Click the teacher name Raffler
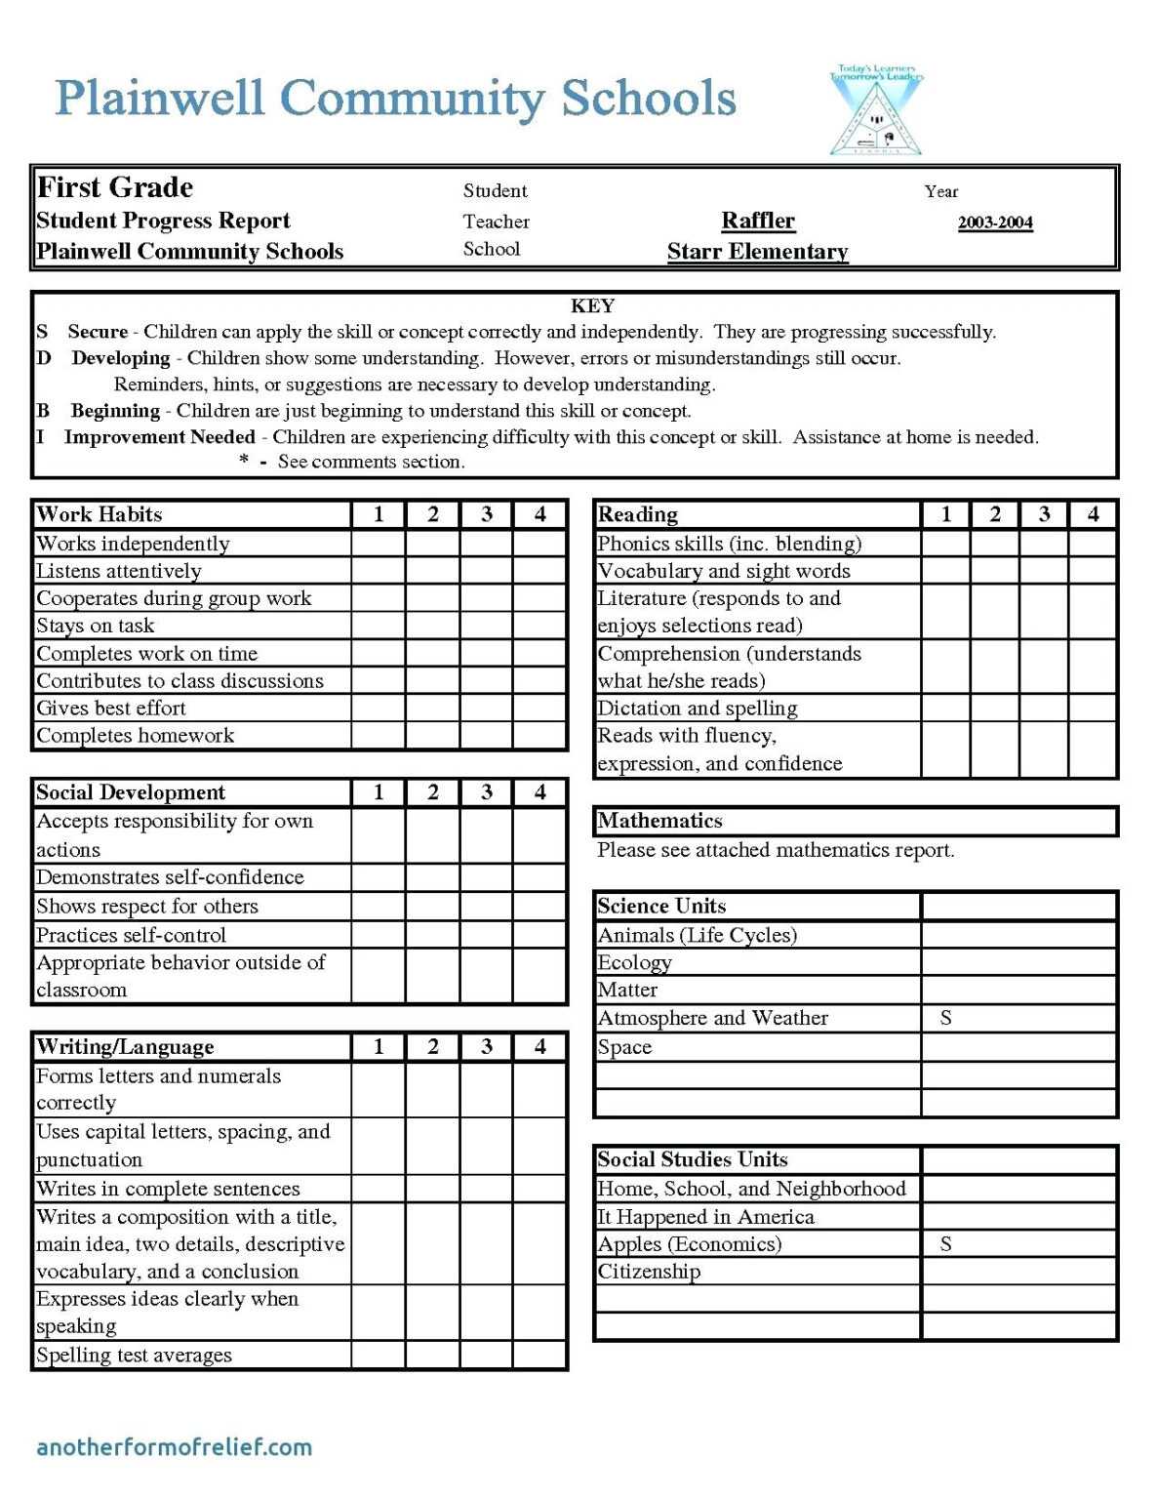pyautogui.click(x=758, y=221)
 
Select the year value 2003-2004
pyautogui.click(x=994, y=223)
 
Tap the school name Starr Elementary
pyautogui.click(x=757, y=252)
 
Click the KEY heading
pyautogui.click(x=592, y=305)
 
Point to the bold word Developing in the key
pyautogui.click(x=121, y=358)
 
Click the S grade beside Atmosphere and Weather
pyautogui.click(x=945, y=1018)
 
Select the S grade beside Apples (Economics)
pyautogui.click(x=945, y=1244)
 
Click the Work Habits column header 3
pyautogui.click(x=486, y=514)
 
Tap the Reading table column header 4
pyautogui.click(x=1093, y=514)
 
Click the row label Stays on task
pyautogui.click(x=96, y=626)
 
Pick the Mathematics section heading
pyautogui.click(x=659, y=821)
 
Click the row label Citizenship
pyautogui.click(x=649, y=1272)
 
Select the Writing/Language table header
pyautogui.click(x=125, y=1047)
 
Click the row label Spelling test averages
pyautogui.click(x=134, y=1355)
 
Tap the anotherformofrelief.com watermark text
pyautogui.click(x=174, y=1446)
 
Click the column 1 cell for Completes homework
pyautogui.click(x=379, y=736)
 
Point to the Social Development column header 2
pyautogui.click(x=432, y=792)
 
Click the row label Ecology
pyautogui.click(x=634, y=962)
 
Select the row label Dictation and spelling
pyautogui.click(x=697, y=709)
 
